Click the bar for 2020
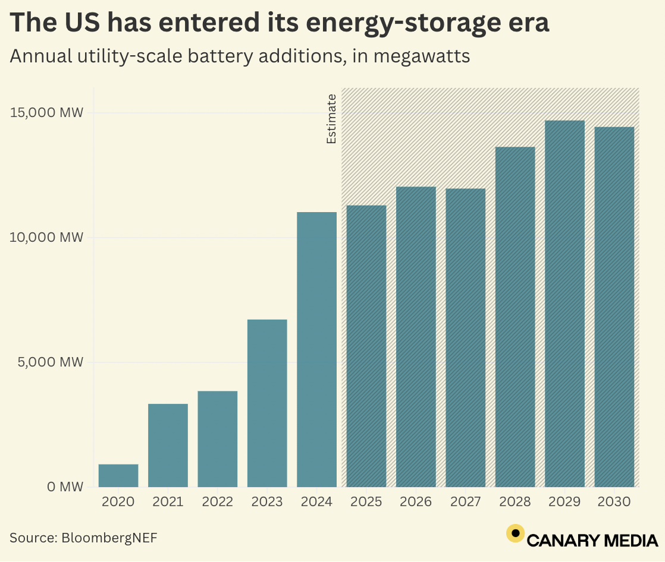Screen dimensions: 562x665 [x=118, y=475]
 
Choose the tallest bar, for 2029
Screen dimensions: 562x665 [x=564, y=304]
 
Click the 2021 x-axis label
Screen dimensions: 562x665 [x=168, y=502]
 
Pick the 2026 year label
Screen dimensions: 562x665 [x=416, y=502]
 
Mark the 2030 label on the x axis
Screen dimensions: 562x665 [x=614, y=502]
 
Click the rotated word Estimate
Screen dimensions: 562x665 [x=331, y=119]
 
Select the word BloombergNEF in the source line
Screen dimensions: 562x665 [x=111, y=538]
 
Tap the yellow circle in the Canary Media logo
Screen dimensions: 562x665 [x=515, y=533]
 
